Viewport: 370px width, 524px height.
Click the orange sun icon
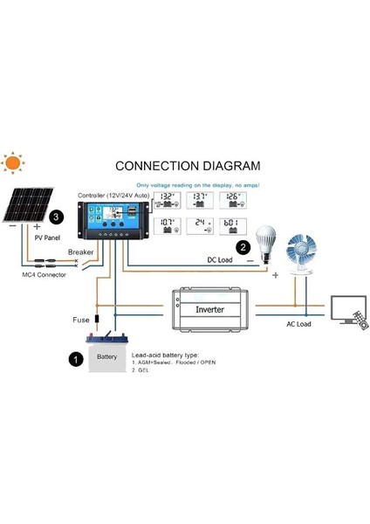pyautogui.click(x=13, y=163)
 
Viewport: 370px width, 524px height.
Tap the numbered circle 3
pyautogui.click(x=57, y=215)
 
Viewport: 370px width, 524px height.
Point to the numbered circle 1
pyautogui.click(x=75, y=358)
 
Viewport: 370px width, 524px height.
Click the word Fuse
pyautogui.click(x=81, y=321)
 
